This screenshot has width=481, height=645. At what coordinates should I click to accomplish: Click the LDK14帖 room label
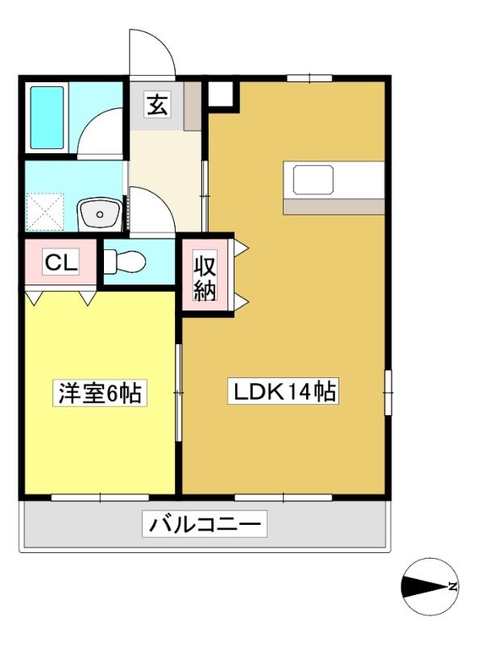tap(284, 391)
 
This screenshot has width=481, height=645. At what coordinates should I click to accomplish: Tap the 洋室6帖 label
tap(99, 393)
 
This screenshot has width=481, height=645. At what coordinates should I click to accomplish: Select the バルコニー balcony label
tap(205, 524)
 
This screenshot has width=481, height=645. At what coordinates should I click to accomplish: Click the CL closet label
tap(61, 262)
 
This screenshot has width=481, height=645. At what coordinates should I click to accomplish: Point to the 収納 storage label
tap(205, 279)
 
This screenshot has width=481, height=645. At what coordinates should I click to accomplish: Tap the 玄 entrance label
tap(157, 105)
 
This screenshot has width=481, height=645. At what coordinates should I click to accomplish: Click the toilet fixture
tap(125, 261)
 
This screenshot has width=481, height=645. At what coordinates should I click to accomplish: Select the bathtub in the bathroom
tap(47, 117)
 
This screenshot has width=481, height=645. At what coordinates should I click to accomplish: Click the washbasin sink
tap(100, 214)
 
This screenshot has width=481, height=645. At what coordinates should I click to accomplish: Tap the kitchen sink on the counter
tap(313, 180)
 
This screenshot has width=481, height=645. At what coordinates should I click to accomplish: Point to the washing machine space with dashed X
tap(45, 212)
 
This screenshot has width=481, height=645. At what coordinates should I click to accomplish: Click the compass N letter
tap(453, 587)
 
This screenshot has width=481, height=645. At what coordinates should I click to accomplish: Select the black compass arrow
tap(425, 587)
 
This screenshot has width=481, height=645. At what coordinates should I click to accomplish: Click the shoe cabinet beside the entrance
tap(192, 106)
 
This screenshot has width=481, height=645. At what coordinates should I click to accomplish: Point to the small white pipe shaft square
tap(221, 94)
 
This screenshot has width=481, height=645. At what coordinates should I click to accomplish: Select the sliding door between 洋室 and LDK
tap(178, 393)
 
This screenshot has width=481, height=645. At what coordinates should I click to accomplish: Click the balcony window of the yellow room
tap(100, 497)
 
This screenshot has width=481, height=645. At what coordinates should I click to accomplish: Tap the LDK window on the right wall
tap(388, 393)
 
